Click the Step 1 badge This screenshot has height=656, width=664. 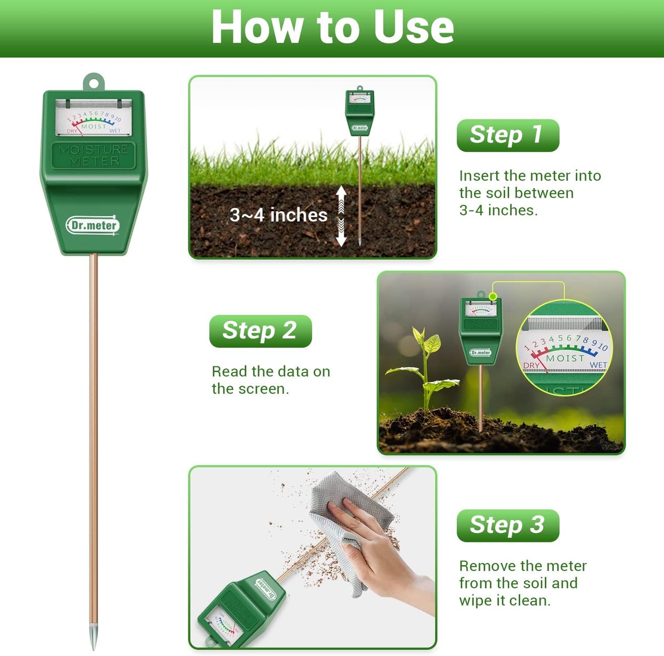point(508,135)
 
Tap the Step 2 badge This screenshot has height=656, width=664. point(260,331)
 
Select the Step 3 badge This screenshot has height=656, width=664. point(508,525)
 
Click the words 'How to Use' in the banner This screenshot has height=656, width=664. point(332,28)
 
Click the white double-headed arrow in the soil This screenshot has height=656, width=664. point(341,216)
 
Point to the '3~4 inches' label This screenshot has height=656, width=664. point(278,215)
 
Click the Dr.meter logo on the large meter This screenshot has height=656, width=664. point(93,225)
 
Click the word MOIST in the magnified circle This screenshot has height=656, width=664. point(565,358)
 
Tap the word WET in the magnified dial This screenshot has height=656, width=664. point(598,365)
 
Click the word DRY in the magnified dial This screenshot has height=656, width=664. point(531,365)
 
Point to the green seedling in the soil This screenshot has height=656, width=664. point(425,368)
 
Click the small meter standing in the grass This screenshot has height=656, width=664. point(360,113)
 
